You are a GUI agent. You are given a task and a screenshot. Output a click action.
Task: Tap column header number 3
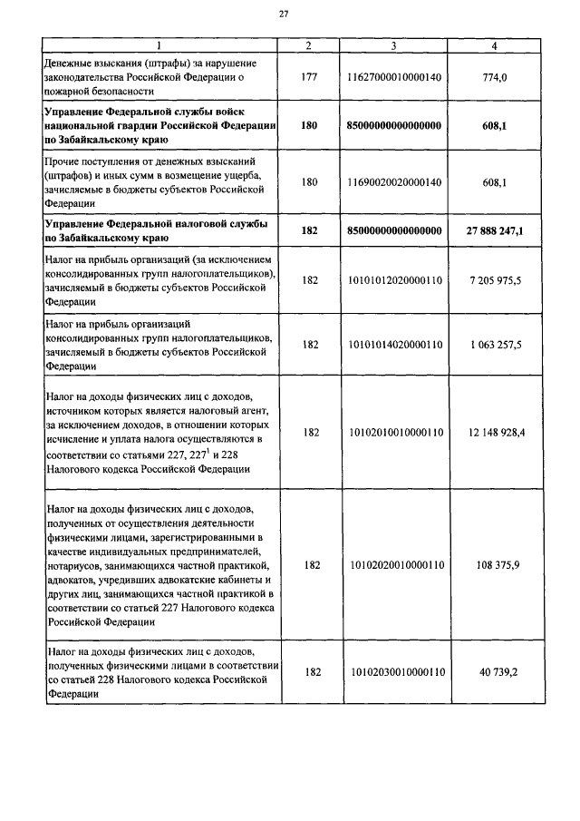(393, 45)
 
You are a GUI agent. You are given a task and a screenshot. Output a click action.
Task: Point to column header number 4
(493, 45)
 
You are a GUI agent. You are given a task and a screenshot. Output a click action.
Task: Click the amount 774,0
(493, 77)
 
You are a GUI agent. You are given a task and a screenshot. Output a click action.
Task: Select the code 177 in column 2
(310, 77)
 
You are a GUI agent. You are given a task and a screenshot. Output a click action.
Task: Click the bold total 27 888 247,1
(493, 230)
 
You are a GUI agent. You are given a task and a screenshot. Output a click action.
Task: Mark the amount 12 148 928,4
(493, 433)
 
